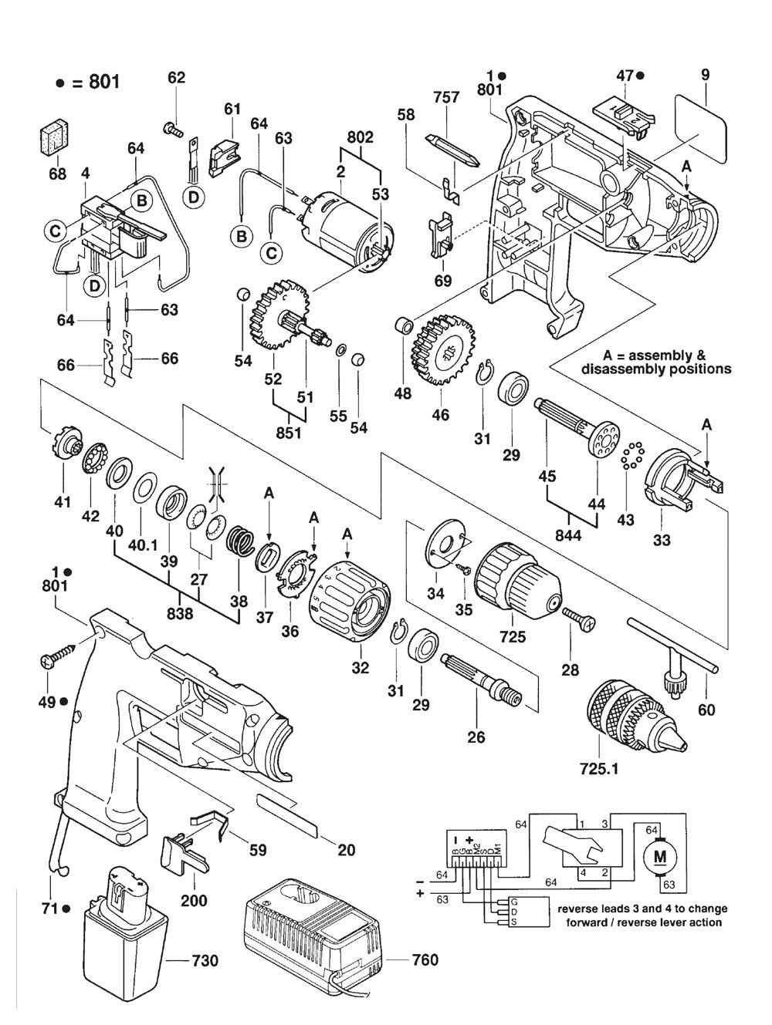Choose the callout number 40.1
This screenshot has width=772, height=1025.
click(145, 516)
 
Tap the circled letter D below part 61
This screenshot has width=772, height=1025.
click(194, 197)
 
